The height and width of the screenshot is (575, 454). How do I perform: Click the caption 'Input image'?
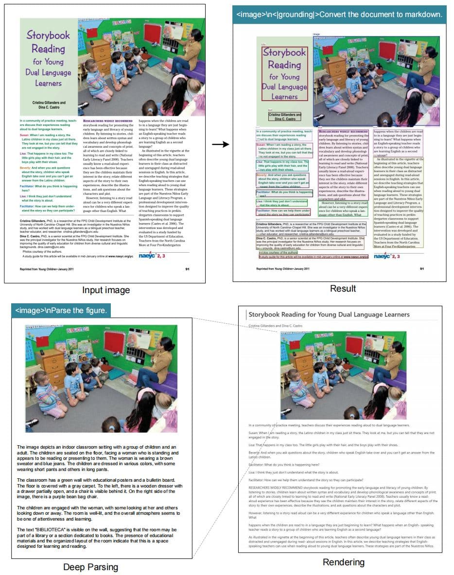(105, 290)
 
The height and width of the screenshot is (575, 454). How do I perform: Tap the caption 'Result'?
(343, 288)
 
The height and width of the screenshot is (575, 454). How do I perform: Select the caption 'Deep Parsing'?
(90, 567)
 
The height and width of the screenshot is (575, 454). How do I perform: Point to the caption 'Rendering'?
(343, 562)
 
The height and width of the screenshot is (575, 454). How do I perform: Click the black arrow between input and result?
(220, 144)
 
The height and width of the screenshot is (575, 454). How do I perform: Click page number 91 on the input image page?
(188, 268)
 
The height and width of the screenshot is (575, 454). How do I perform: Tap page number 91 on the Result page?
(422, 268)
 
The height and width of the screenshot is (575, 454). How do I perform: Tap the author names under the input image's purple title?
(49, 105)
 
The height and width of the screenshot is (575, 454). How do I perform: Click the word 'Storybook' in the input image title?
(48, 35)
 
